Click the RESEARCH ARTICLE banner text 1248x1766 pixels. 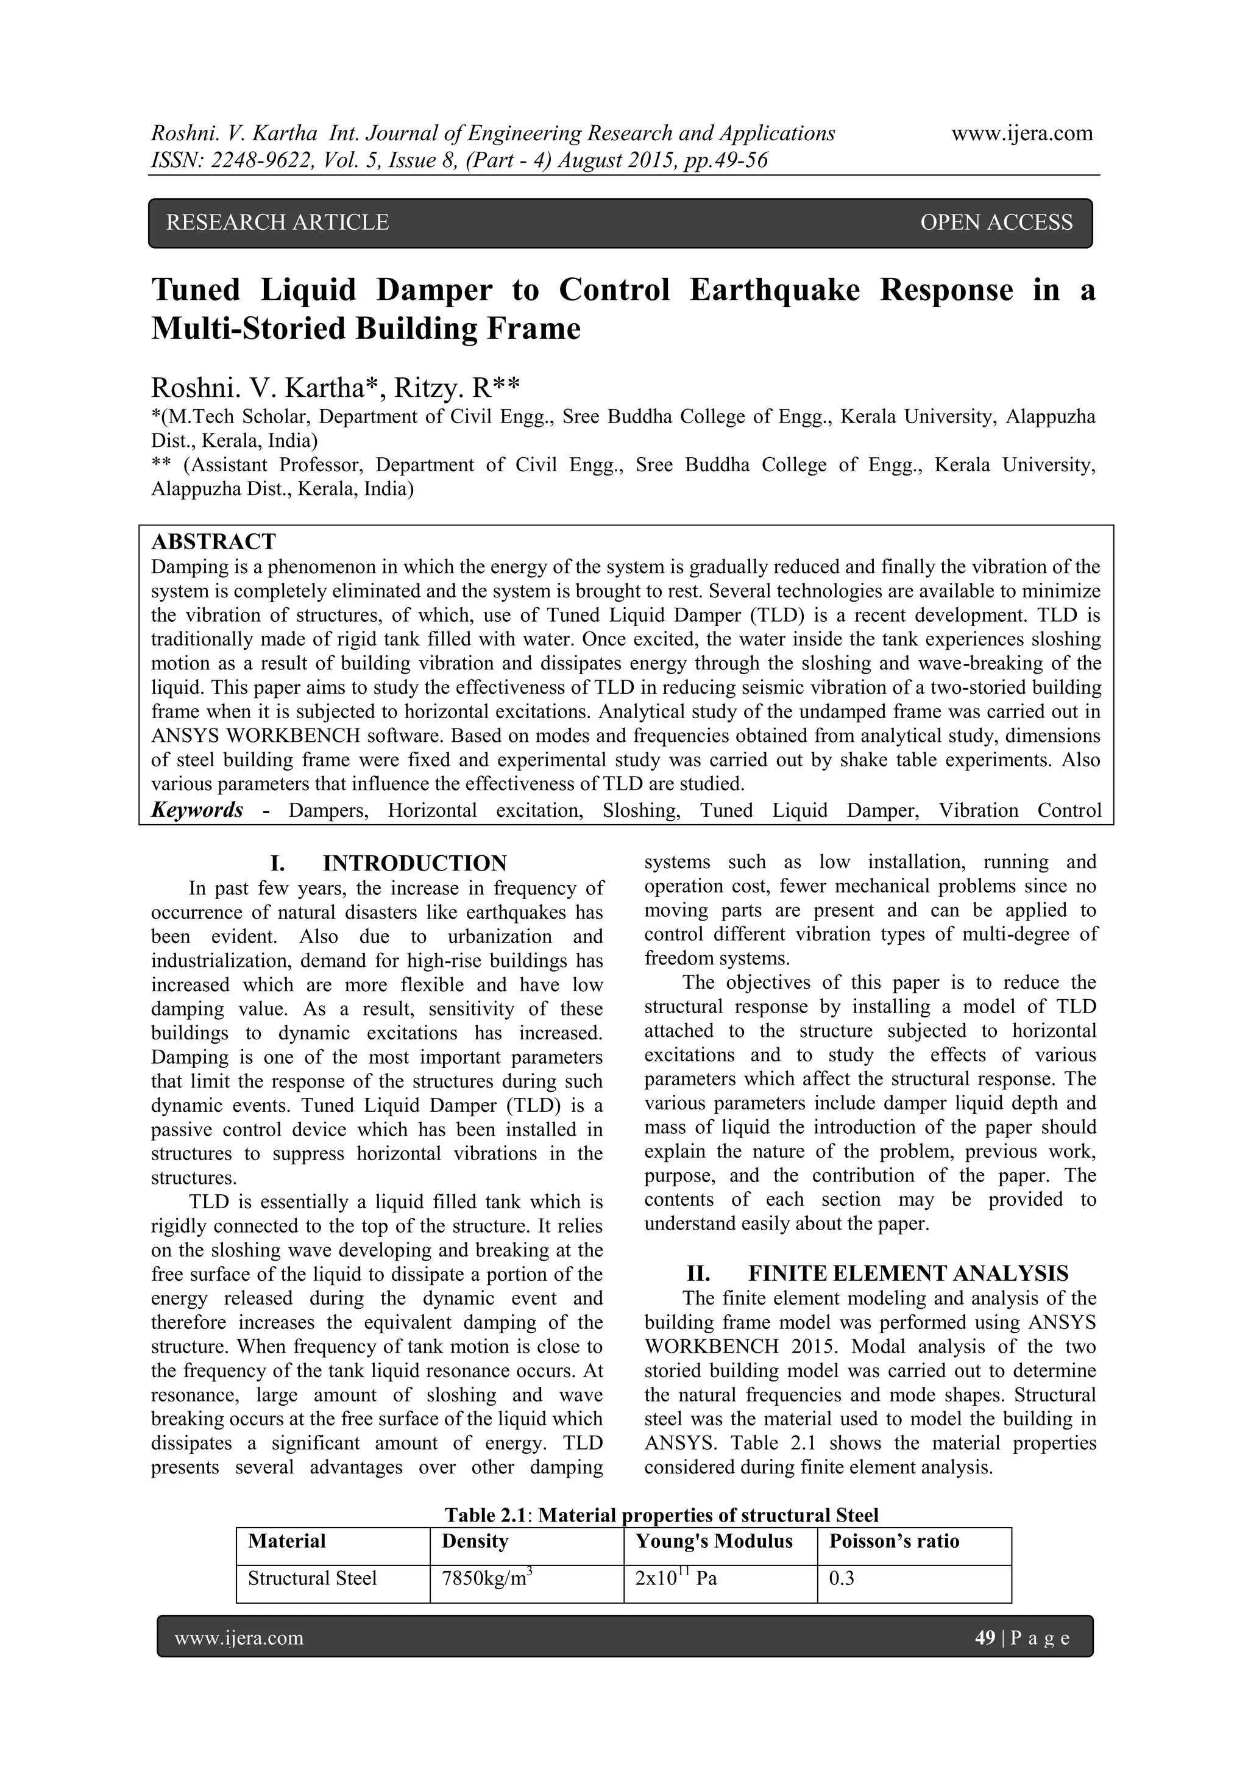pos(278,223)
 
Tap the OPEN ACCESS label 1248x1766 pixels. pos(996,223)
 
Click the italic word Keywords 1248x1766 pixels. pos(197,810)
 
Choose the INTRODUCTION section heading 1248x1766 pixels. pos(414,863)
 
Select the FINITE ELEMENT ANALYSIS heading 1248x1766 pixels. pos(908,1273)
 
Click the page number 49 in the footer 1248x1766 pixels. pos(984,1639)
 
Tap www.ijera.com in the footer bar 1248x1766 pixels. pos(239,1639)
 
